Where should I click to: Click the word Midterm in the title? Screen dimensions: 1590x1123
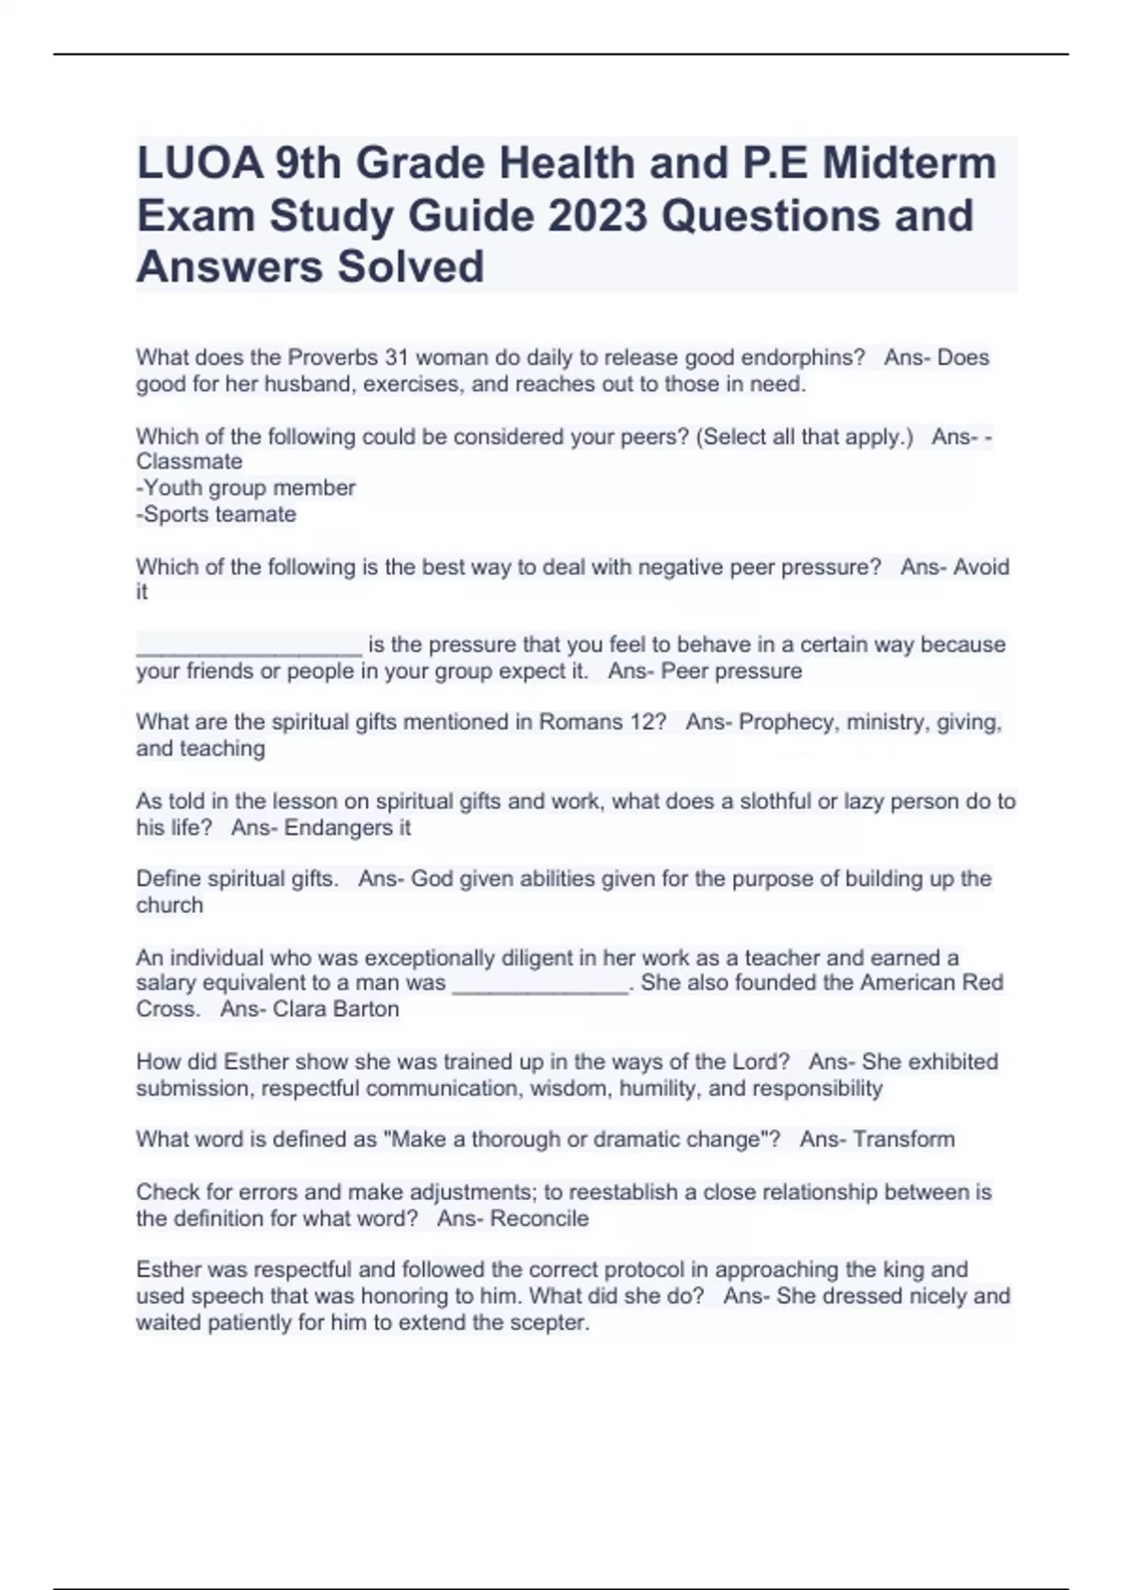[x=909, y=164]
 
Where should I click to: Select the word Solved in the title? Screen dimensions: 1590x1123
[x=411, y=267]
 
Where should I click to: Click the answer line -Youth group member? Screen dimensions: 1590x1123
[x=246, y=488]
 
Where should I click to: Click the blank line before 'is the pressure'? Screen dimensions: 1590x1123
[x=248, y=645]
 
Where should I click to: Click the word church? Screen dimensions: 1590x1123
[x=169, y=905]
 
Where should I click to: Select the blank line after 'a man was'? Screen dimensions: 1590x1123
[x=540, y=985]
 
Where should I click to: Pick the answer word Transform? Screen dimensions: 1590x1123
[x=903, y=1139]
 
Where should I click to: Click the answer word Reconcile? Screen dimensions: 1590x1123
[x=539, y=1219]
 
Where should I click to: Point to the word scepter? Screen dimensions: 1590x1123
[x=550, y=1323]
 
